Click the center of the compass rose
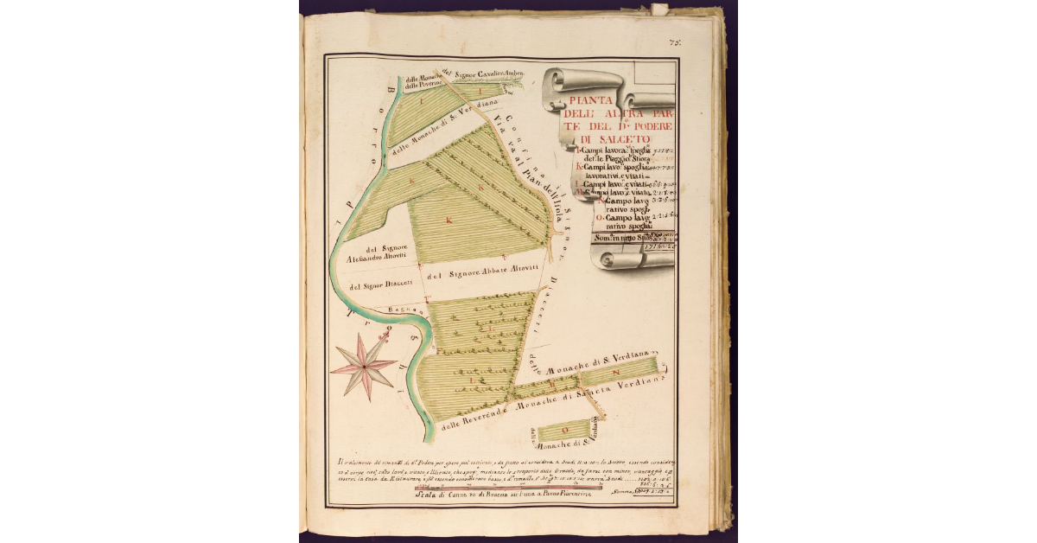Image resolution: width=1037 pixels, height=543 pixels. (x=365, y=367)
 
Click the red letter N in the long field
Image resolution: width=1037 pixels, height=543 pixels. (x=617, y=372)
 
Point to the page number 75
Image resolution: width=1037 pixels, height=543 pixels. (x=674, y=42)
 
